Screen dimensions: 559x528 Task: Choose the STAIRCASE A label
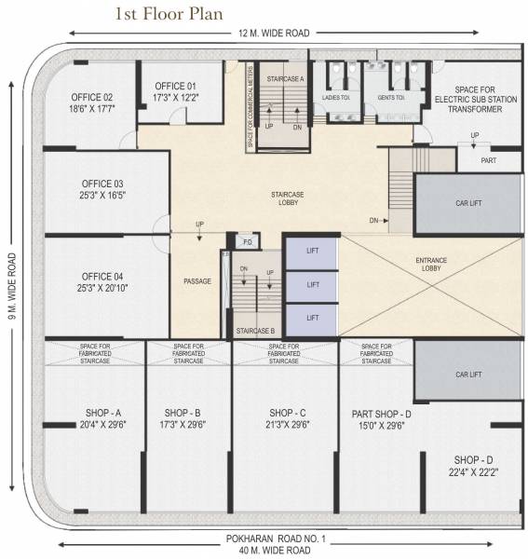click(x=284, y=80)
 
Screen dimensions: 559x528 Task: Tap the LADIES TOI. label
click(x=337, y=97)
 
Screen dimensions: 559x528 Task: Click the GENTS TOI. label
click(x=389, y=97)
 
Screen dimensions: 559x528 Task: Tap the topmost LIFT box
click(x=313, y=252)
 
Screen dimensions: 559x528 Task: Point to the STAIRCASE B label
click(x=255, y=331)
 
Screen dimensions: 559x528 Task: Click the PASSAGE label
click(x=197, y=281)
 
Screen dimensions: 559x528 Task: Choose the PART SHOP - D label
click(x=382, y=413)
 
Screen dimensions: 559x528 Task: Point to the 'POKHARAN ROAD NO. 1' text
click(x=274, y=539)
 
